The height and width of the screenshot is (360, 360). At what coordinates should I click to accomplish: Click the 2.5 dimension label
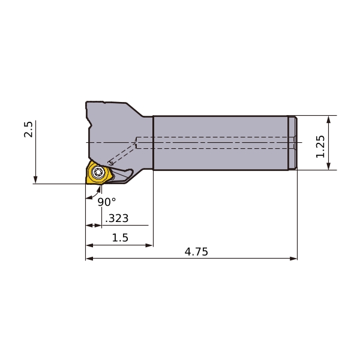pyautogui.click(x=28, y=130)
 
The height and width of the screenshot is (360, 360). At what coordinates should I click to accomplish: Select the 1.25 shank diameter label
pyautogui.click(x=320, y=146)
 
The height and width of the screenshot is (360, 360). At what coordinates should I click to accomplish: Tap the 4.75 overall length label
pyautogui.click(x=196, y=251)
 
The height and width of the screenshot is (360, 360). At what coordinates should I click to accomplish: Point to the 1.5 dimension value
pyautogui.click(x=120, y=238)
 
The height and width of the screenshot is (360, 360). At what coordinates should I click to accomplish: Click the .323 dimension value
pyautogui.click(x=117, y=218)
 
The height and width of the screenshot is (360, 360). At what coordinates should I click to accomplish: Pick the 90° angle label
pyautogui.click(x=107, y=202)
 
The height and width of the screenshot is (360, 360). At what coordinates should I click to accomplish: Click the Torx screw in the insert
pyautogui.click(x=98, y=172)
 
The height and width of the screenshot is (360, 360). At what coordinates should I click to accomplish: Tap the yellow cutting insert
pyautogui.click(x=99, y=173)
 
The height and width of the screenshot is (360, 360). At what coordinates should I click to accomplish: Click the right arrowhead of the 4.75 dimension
pyautogui.click(x=293, y=259)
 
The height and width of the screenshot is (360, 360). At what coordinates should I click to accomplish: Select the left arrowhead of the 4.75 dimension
pyautogui.click(x=89, y=259)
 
